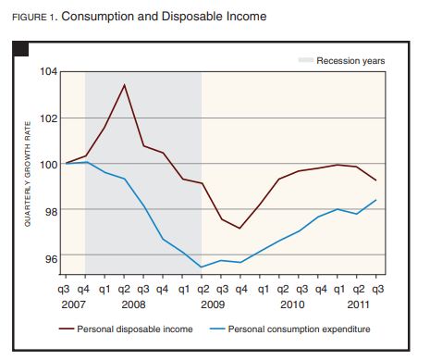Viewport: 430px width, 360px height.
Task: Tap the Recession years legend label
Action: click(350, 61)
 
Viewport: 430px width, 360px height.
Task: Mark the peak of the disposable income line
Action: click(124, 85)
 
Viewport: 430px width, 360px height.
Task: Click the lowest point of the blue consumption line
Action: click(202, 267)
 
